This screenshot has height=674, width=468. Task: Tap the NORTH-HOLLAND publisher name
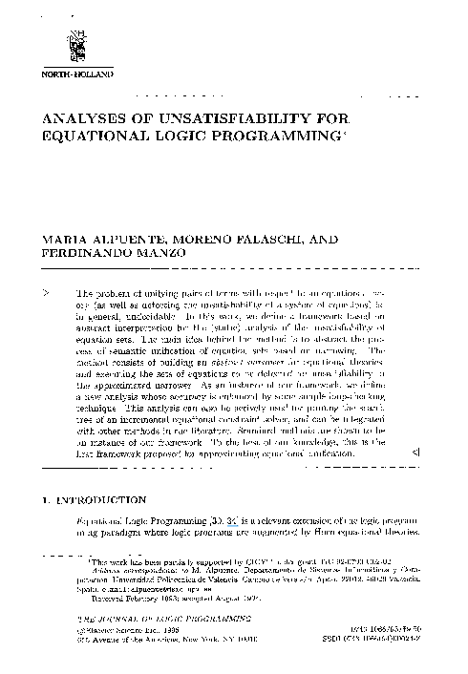[73, 74]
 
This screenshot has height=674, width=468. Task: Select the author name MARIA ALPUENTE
[91, 237]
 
